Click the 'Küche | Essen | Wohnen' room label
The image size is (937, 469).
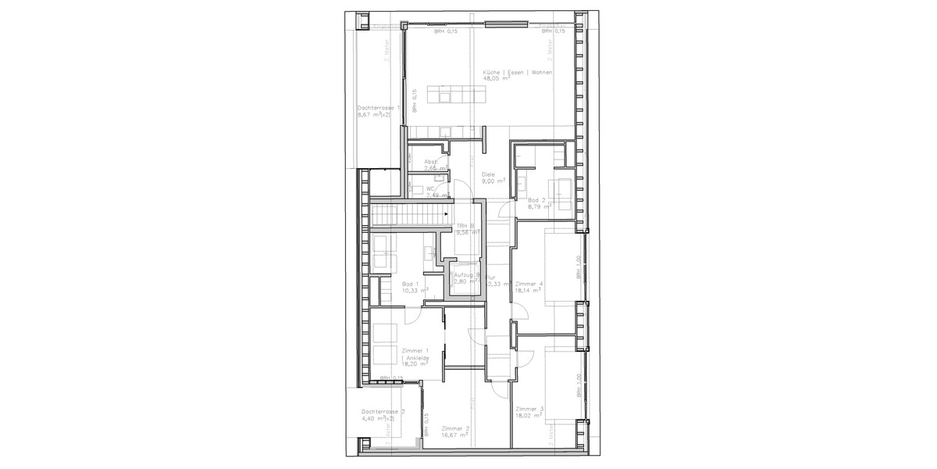(518, 72)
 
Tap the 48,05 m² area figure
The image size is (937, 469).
(497, 79)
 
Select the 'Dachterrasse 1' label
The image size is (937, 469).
(378, 108)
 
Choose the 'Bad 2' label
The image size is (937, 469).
(537, 200)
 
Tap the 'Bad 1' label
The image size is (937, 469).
(410, 284)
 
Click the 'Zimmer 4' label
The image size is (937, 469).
(529, 284)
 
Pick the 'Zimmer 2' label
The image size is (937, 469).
(454, 428)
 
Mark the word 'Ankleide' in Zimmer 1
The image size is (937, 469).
(417, 357)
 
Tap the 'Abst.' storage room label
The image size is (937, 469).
(431, 161)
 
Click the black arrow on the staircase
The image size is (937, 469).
(446, 212)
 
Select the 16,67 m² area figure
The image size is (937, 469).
(454, 435)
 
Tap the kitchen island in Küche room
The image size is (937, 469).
(461, 95)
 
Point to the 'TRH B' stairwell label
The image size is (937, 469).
(466, 226)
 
